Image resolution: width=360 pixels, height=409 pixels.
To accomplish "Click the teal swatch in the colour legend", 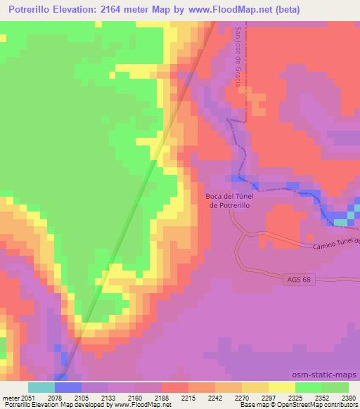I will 41,387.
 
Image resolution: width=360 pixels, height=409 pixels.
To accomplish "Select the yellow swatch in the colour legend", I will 281,387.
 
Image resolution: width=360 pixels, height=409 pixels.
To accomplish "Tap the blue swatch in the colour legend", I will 68,387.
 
